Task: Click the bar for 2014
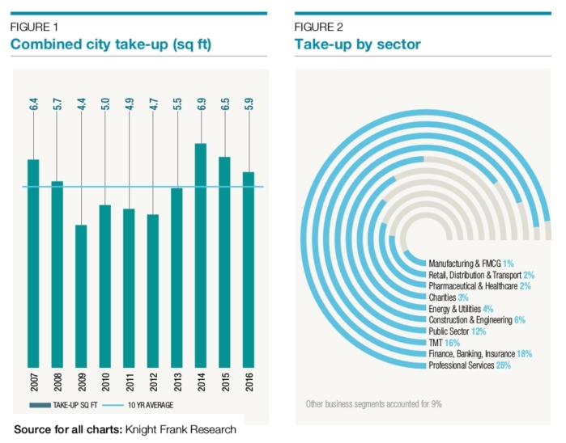point(201,255)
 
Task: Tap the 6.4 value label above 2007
point(33,105)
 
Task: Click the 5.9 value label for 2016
point(249,105)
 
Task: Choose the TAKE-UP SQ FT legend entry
point(68,405)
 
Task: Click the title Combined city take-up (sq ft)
point(110,44)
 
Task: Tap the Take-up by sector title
point(357,44)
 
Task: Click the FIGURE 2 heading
point(318,27)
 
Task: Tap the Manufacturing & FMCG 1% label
point(470,264)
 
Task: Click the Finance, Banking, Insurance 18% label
point(480,355)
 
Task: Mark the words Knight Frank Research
point(181,430)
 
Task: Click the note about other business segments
point(373,403)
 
